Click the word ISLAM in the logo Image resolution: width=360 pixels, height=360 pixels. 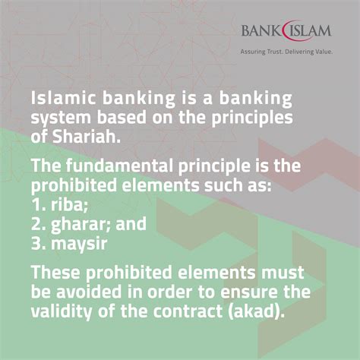[x=311, y=32]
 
